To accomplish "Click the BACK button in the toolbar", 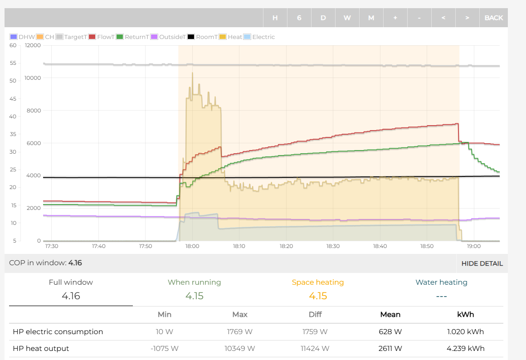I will click(x=493, y=18).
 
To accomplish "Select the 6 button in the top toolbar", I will click(x=299, y=18).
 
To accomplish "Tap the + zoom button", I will click(x=395, y=18).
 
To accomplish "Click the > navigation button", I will click(x=467, y=18).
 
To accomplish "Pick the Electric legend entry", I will click(x=259, y=37).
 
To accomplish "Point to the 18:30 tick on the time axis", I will click(x=333, y=246).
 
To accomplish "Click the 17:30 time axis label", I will click(x=52, y=246).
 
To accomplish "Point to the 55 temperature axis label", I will click(x=13, y=63).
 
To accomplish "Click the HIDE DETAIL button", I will click(x=482, y=263).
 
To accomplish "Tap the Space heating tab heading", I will click(x=318, y=282).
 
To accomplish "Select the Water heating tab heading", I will click(x=441, y=282).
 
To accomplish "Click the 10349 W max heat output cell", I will click(x=240, y=349).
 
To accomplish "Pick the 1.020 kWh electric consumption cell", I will click(x=465, y=332).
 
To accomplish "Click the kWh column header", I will click(x=465, y=314).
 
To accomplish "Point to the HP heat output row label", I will click(x=41, y=349).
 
